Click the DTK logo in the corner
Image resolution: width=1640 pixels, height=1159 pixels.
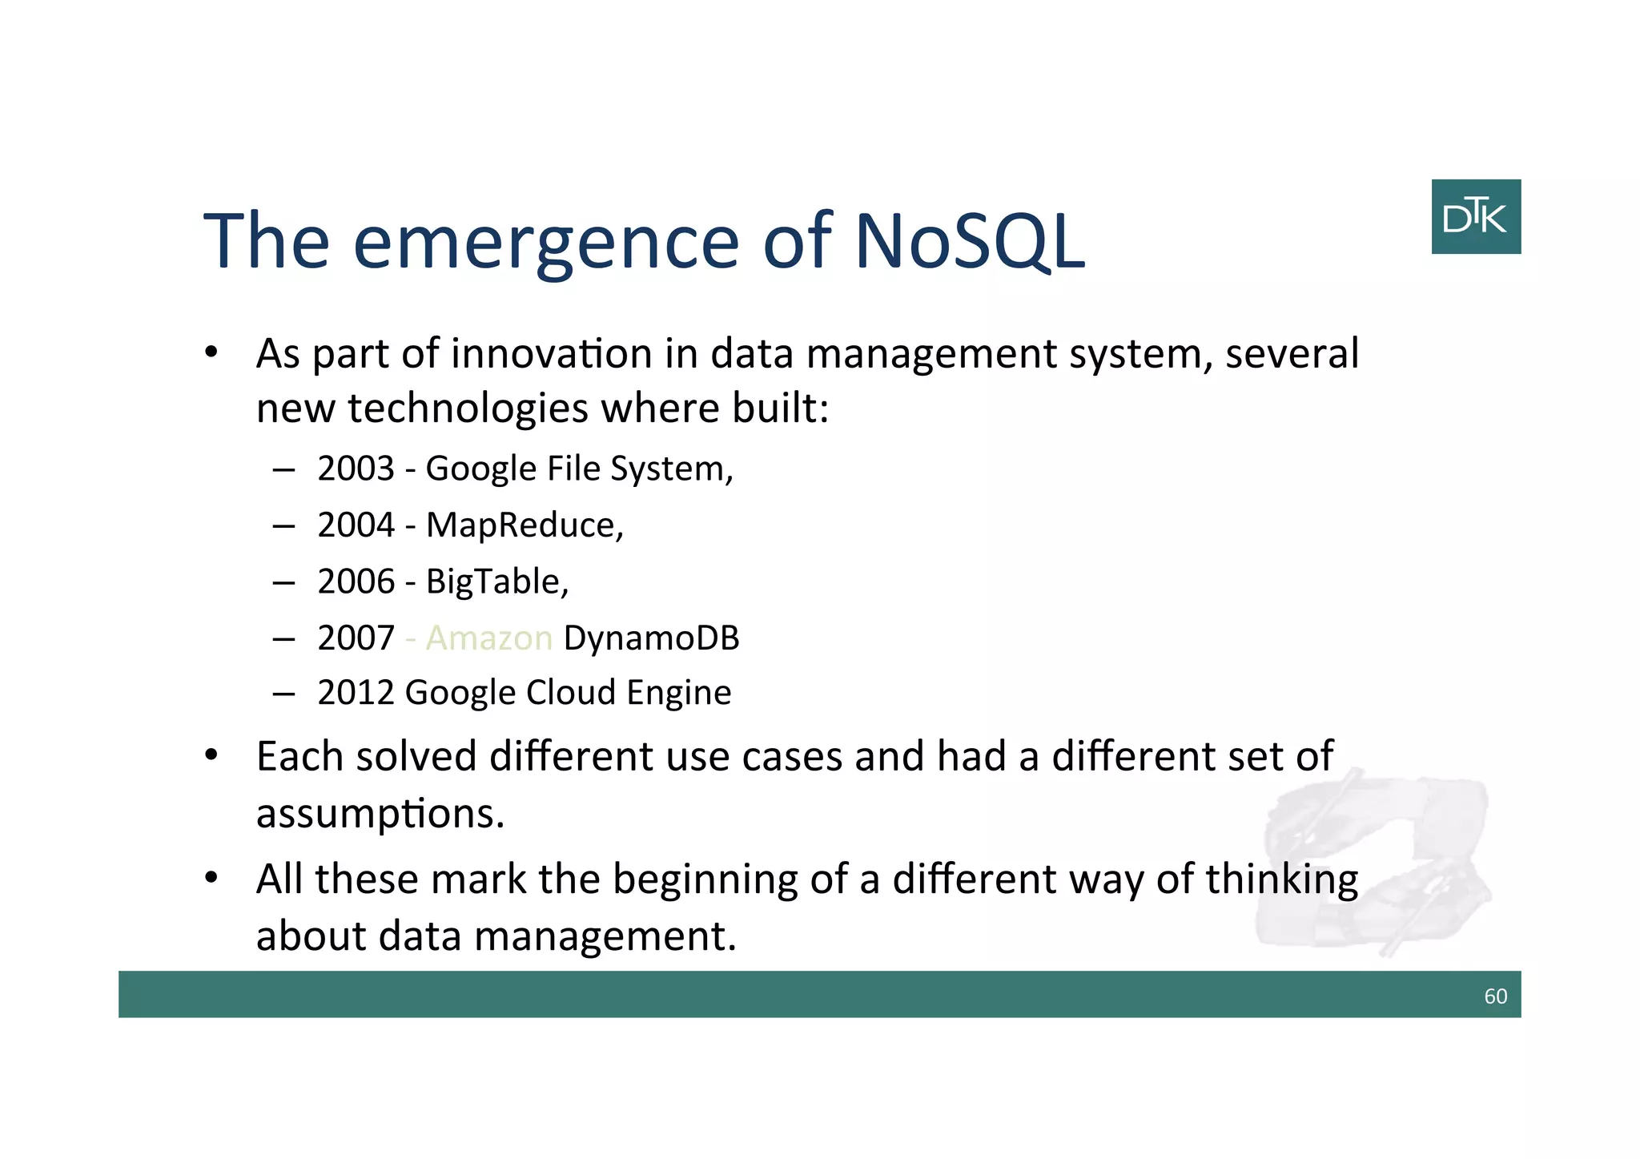tap(1475, 217)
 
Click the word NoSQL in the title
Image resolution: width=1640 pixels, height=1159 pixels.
tap(970, 241)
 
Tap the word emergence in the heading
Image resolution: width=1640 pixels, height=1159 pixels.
tap(546, 241)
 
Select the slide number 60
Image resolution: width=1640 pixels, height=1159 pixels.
tap(1495, 996)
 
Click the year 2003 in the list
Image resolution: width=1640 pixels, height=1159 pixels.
tap(356, 469)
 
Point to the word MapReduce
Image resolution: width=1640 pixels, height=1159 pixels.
tap(524, 525)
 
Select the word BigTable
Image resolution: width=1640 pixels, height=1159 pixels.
tap(496, 582)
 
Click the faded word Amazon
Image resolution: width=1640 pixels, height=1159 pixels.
tap(488, 638)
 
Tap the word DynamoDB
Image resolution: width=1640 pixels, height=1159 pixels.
tap(651, 638)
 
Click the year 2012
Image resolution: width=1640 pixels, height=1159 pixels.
tap(356, 693)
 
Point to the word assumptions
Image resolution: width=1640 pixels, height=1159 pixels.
tap(380, 814)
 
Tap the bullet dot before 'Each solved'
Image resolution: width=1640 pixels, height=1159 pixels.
tap(211, 755)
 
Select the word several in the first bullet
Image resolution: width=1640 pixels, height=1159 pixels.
tap(1292, 353)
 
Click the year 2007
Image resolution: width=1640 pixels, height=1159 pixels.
tap(356, 638)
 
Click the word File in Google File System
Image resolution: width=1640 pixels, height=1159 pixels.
tap(573, 469)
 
